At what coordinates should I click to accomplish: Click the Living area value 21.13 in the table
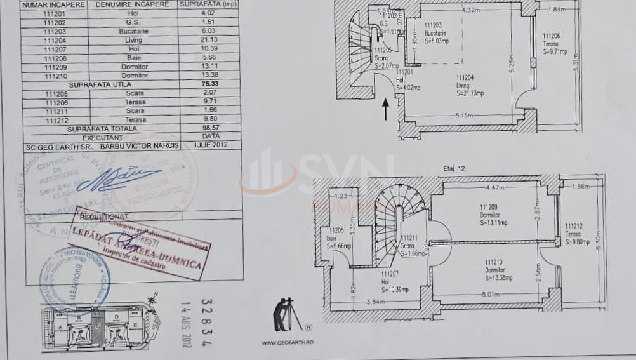pyautogui.click(x=209, y=40)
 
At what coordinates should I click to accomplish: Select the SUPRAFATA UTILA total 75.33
pyautogui.click(x=210, y=83)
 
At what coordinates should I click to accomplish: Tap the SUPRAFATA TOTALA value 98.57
pyautogui.click(x=210, y=128)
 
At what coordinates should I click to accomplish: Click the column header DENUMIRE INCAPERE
pyautogui.click(x=132, y=4)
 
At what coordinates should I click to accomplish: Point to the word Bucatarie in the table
pyautogui.click(x=133, y=31)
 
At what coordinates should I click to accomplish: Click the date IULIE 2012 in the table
pyautogui.click(x=210, y=145)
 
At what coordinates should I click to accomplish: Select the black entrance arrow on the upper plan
pyautogui.click(x=385, y=109)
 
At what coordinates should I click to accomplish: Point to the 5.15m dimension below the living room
pyautogui.click(x=465, y=115)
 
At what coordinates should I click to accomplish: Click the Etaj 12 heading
pyautogui.click(x=454, y=168)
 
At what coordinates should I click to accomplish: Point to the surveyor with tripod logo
pyautogui.click(x=287, y=315)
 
